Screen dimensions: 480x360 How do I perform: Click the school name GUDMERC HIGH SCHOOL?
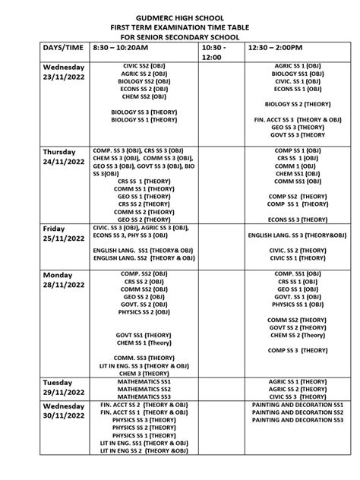[180, 14]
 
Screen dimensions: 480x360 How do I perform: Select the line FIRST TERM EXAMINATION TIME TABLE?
[180, 25]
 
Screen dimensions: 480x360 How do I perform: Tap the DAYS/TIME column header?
[62, 46]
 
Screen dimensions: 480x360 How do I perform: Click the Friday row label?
[55, 228]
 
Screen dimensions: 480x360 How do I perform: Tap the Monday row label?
[58, 273]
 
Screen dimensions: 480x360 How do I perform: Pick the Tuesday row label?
[58, 382]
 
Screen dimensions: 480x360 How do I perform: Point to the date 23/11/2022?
[62, 77]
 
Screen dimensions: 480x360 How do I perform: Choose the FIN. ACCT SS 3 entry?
[297, 120]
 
